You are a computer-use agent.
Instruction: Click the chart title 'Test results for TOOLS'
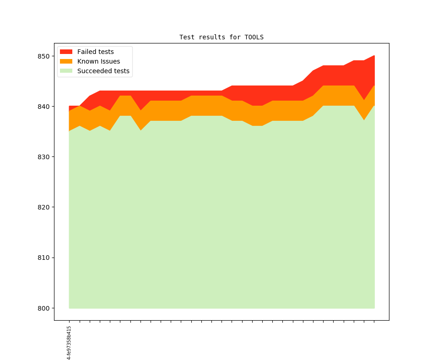[221, 37]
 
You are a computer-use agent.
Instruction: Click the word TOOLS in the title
[254, 37]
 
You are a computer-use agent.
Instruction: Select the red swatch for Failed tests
[66, 52]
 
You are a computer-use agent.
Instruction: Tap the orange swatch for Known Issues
[66, 61]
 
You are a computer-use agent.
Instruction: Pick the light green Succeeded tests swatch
[66, 71]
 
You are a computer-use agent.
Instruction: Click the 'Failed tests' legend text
[95, 52]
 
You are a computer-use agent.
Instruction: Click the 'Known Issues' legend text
[98, 61]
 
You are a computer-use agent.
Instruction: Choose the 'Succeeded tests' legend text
[103, 71]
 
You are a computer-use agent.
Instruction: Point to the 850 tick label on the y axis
[43, 56]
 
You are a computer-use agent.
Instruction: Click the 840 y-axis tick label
[43, 107]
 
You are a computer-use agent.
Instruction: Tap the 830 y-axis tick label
[43, 157]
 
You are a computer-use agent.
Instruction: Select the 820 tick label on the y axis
[43, 207]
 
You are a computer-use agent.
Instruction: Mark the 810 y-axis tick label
[43, 258]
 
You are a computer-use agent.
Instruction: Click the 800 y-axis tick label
[43, 308]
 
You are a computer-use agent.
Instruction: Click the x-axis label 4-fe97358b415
[69, 343]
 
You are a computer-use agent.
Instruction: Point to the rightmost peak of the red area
[374, 56]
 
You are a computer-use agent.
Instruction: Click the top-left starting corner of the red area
[70, 107]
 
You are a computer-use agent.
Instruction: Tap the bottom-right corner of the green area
[374, 308]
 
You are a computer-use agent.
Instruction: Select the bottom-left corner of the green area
[70, 308]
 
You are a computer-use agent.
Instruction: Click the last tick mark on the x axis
[374, 322]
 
